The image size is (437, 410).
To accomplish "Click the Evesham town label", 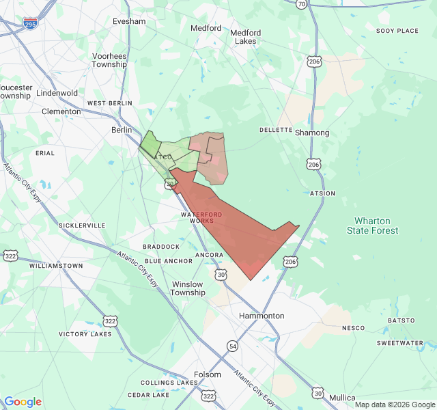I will click(x=128, y=21).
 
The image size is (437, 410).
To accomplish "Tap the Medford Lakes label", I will click(x=245, y=37).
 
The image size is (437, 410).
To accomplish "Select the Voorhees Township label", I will click(x=109, y=60).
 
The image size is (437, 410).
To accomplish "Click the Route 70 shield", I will click(x=302, y=4).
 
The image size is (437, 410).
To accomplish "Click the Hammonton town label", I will click(x=262, y=316).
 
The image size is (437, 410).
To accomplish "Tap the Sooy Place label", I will click(x=397, y=31).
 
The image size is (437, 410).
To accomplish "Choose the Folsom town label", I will click(x=208, y=374).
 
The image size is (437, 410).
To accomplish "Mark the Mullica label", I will click(x=342, y=397).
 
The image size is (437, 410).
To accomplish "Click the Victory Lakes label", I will click(x=85, y=334).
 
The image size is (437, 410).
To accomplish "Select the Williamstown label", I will click(x=56, y=265).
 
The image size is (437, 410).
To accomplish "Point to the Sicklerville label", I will click(x=82, y=225).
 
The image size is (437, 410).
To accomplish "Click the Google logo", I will click(x=23, y=402).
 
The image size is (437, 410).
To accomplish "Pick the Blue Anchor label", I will click(x=169, y=261).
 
